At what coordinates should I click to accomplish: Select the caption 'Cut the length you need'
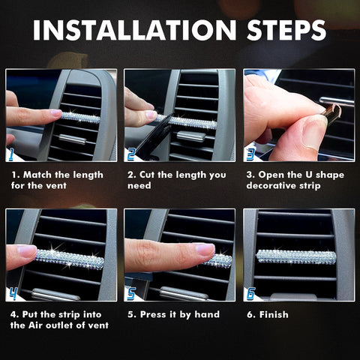pos(177,180)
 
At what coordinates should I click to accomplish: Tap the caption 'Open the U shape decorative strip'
pos(296,180)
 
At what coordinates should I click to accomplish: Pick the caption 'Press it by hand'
pos(172,314)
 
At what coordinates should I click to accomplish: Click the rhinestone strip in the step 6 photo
pos(295,256)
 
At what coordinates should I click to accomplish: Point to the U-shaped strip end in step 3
pos(330,113)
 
